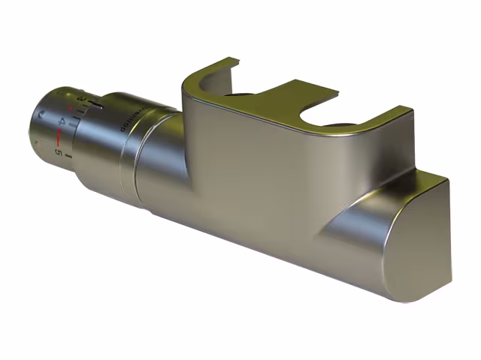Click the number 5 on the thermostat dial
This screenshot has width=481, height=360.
[x=57, y=152]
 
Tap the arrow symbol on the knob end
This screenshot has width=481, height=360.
[x=41, y=115]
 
